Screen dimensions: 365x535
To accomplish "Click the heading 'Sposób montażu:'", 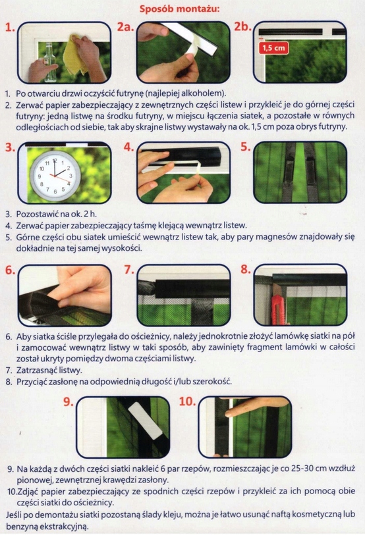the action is coord(179,9).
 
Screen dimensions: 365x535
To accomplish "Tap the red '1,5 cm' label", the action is coord(274,47).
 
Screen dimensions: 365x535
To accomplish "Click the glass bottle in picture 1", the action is coord(50,61).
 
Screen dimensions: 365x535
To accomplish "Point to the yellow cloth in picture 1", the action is coord(76,54).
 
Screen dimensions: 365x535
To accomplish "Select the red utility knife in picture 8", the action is coord(277,309).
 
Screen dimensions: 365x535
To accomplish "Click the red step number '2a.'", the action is coord(125,26).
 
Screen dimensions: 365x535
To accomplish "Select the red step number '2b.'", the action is coord(242,26).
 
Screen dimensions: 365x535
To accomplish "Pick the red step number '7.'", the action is coord(129,270).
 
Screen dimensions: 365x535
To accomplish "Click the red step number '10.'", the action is coord(188,401).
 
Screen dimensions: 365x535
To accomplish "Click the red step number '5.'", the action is coord(246,147).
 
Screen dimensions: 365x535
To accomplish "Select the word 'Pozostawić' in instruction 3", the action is coord(38,215).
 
